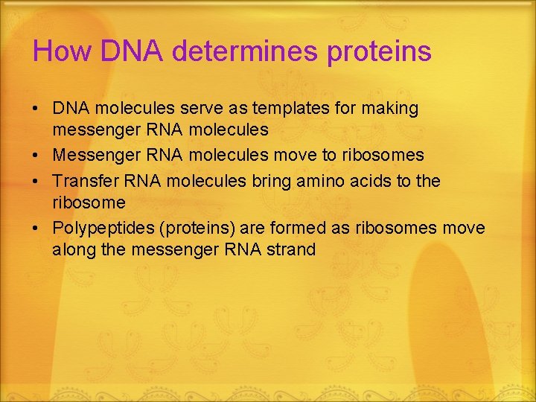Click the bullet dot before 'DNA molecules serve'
tap(36, 109)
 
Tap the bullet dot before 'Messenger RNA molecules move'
tap(36, 156)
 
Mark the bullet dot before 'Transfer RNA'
tap(36, 181)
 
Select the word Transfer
tap(83, 181)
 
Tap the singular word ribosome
tap(89, 202)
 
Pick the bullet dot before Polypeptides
tap(36, 228)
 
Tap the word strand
tap(290, 249)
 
